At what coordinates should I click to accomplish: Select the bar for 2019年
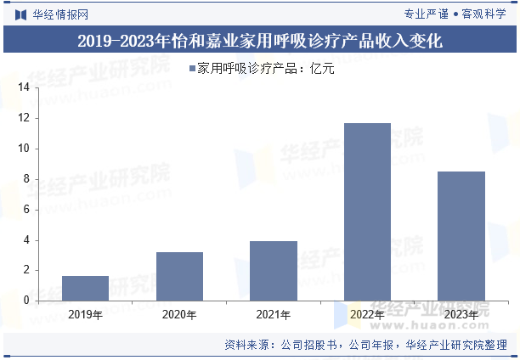click(85, 288)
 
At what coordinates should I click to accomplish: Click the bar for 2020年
click(179, 276)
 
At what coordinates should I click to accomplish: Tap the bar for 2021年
click(274, 271)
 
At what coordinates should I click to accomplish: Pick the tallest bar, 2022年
click(367, 211)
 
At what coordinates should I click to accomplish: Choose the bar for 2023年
click(461, 236)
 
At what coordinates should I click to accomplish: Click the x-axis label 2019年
click(85, 315)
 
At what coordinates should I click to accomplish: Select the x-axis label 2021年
click(274, 315)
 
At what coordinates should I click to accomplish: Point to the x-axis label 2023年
click(461, 315)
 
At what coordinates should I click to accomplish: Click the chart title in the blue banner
click(260, 40)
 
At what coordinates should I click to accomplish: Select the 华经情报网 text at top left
click(60, 14)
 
